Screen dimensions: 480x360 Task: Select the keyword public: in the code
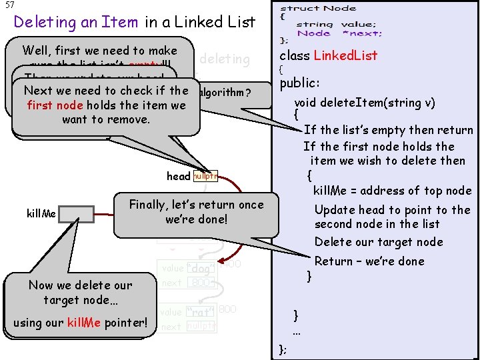point(300,83)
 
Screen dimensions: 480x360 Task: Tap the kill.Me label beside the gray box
point(41,214)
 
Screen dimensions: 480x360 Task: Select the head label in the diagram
point(178,176)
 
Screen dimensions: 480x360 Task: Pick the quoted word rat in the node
point(199,312)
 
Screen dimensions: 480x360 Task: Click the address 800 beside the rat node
point(227,309)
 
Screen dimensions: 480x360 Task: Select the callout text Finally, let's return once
point(196,205)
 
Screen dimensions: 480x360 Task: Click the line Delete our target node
point(379,242)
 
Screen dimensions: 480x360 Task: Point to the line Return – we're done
point(379,261)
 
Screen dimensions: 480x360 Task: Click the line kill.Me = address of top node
point(392,190)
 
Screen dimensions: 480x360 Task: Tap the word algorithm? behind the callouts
point(227,91)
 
